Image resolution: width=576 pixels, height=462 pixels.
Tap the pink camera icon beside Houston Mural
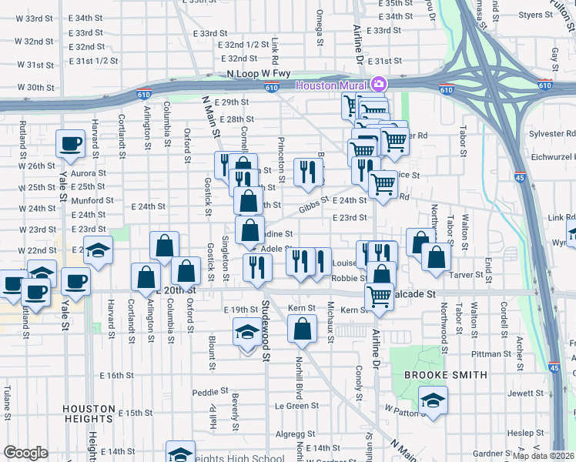377,83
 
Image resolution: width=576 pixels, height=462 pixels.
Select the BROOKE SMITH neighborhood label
446,375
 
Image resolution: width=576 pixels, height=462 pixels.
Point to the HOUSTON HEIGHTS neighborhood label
89,413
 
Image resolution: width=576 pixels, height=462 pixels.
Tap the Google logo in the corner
25,453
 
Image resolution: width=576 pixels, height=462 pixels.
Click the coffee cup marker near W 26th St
71,143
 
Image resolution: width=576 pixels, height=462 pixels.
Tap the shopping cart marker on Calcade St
379,295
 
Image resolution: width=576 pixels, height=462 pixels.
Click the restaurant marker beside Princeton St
308,172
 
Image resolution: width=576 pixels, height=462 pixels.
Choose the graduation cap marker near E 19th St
246,333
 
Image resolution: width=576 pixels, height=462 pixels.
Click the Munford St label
92,199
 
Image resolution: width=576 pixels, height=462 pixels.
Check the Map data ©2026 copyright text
543,456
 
